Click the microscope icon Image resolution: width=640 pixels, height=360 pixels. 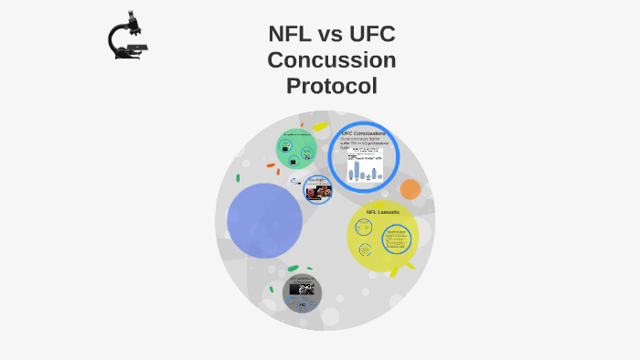[x=127, y=37]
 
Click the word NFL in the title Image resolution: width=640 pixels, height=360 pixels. [x=291, y=35]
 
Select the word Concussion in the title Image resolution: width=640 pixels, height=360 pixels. [x=331, y=60]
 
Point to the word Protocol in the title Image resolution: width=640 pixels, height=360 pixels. [x=331, y=86]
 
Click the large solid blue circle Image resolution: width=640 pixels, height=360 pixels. [x=264, y=220]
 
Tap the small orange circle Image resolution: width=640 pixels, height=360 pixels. [x=411, y=189]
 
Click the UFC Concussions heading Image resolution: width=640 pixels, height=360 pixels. [x=363, y=133]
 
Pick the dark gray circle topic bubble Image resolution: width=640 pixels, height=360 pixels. [x=302, y=291]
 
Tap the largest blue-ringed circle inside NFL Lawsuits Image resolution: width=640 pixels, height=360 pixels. [x=396, y=239]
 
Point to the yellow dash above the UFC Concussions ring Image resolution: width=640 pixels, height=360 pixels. [x=320, y=126]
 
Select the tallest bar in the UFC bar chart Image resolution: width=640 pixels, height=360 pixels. [x=350, y=170]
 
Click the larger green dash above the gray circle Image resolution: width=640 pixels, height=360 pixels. [x=293, y=269]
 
